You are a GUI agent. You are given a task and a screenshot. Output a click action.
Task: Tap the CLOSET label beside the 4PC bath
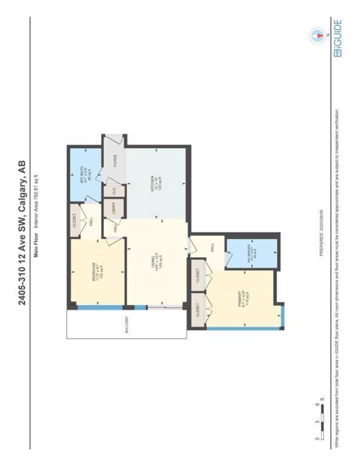tap(75, 217)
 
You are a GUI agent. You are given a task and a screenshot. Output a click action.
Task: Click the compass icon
tap(317, 36)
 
